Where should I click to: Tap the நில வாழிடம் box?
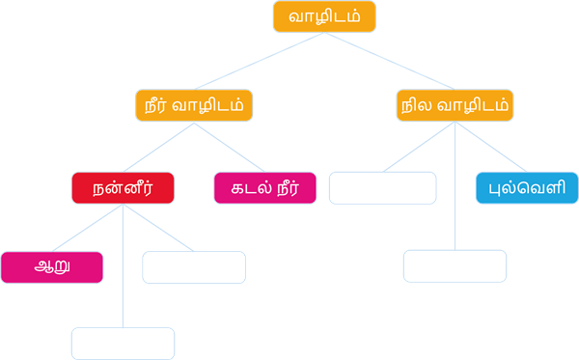[455, 105]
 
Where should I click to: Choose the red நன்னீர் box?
[123, 188]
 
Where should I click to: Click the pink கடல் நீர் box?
[264, 188]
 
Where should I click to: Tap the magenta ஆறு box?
[52, 267]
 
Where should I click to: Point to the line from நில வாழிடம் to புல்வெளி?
[487, 146]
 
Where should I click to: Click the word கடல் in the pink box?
[245, 188]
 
